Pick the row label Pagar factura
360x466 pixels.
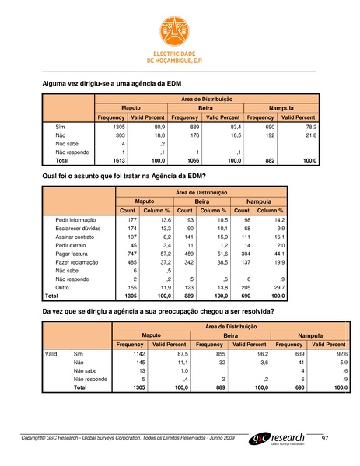coord(72,254)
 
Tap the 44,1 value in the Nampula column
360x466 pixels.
coord(276,254)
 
